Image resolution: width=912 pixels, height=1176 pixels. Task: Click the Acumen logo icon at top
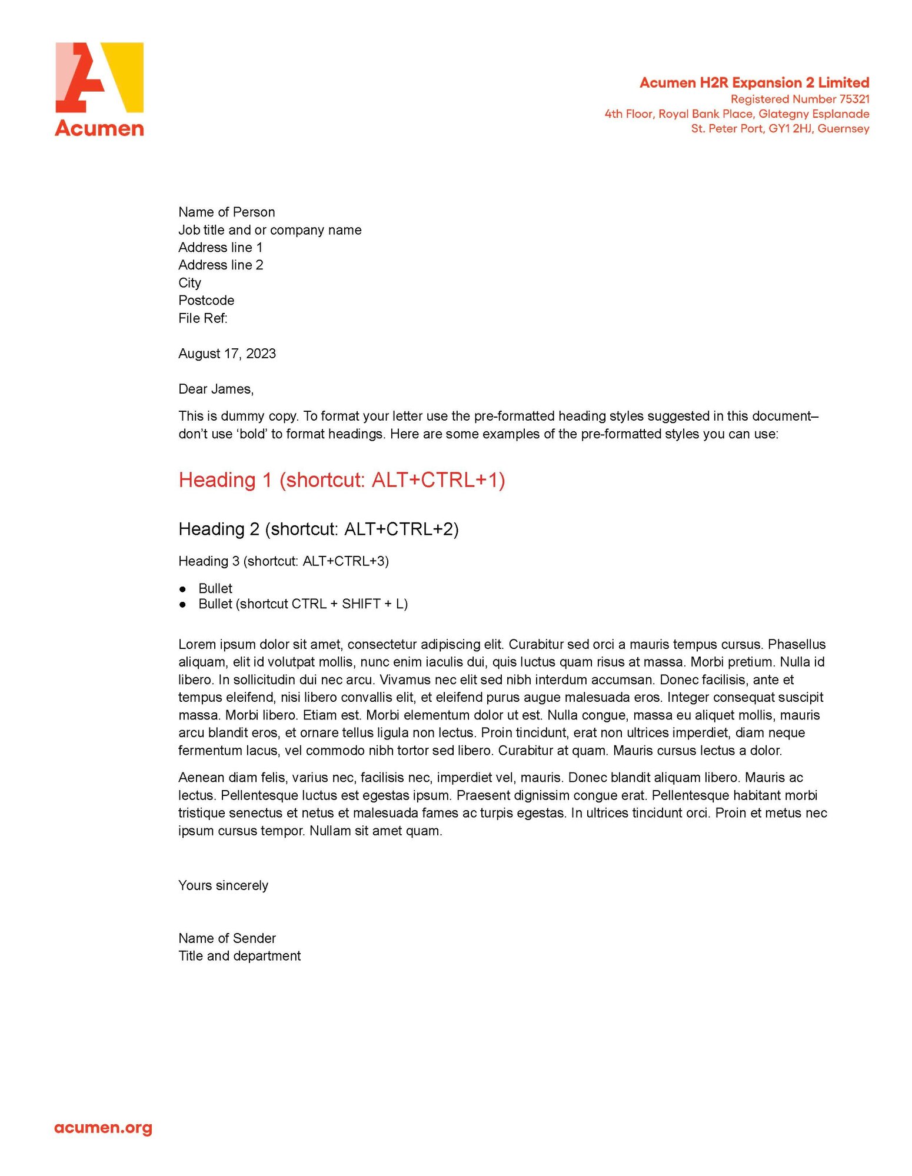point(99,77)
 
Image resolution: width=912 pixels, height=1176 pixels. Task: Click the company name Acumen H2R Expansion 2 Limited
point(754,83)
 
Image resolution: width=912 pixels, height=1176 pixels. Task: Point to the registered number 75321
point(854,99)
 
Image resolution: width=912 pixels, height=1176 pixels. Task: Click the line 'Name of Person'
point(227,212)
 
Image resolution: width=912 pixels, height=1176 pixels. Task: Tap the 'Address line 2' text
point(221,265)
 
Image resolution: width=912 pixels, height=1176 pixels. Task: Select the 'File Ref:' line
point(202,318)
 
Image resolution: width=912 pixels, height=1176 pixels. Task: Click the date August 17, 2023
point(227,354)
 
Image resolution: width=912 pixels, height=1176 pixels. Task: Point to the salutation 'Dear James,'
point(216,389)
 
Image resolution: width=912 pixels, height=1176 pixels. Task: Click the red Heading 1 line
point(342,480)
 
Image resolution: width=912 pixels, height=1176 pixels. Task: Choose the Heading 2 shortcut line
point(318,529)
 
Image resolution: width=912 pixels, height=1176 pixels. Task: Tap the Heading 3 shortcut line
point(284,561)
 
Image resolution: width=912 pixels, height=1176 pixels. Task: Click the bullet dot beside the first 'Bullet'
point(183,589)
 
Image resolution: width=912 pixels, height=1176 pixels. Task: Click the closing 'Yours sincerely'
point(223,885)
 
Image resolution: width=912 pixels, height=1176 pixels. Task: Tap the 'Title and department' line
point(239,956)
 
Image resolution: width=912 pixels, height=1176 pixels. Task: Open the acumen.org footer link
point(103,1128)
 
